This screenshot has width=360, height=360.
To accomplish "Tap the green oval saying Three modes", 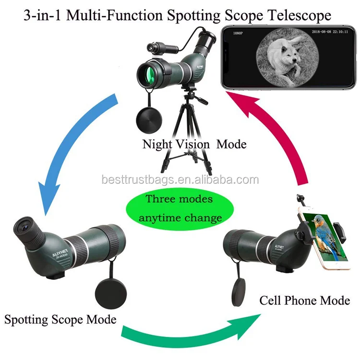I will tap(180, 208).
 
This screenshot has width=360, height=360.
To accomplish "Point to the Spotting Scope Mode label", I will tap(60, 319).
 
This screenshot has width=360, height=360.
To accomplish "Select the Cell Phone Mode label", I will tap(305, 301).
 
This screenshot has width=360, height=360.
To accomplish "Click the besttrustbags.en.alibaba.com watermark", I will tap(180, 180).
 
